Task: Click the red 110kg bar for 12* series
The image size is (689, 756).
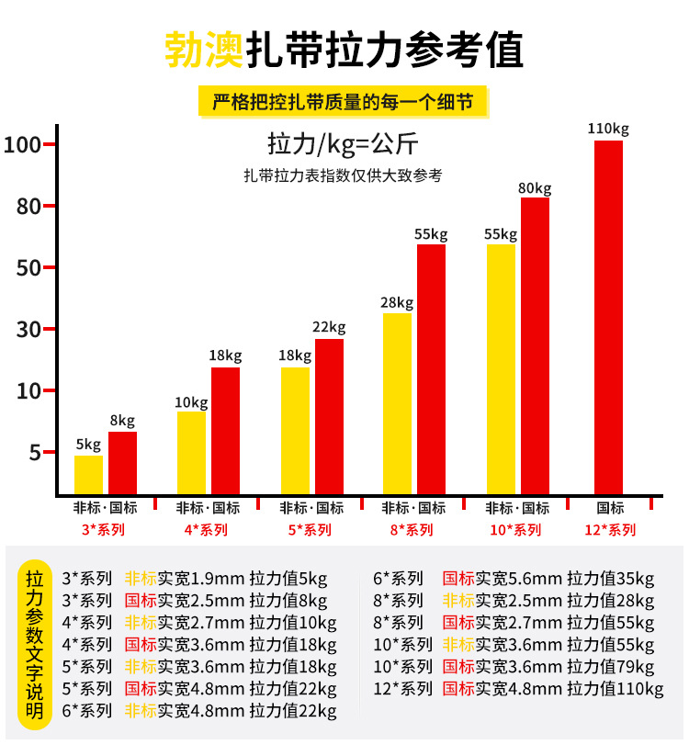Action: point(608,317)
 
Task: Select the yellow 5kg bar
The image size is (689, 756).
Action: point(88,474)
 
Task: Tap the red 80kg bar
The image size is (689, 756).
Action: point(535,345)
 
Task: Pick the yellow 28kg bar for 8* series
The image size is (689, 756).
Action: point(397,403)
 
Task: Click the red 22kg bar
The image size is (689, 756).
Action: point(329,416)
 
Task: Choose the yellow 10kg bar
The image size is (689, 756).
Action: point(191,452)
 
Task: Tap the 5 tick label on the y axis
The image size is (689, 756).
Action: point(35,453)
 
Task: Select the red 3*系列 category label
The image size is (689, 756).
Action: point(104,530)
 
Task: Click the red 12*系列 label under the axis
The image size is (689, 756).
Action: point(610,530)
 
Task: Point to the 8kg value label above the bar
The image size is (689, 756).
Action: point(122,422)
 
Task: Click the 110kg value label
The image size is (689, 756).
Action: point(608,129)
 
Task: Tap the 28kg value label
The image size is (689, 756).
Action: point(398,303)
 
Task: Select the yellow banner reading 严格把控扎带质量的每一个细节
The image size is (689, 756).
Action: point(343,101)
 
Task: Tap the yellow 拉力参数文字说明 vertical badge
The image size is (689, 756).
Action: point(35,643)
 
